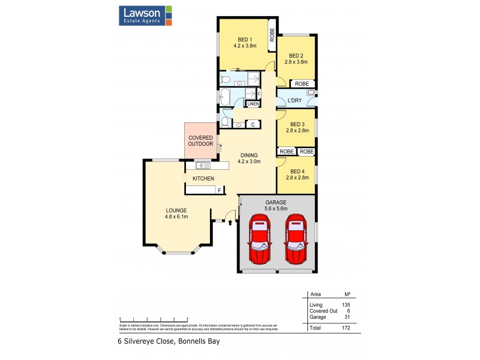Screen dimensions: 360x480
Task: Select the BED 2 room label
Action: click(x=295, y=58)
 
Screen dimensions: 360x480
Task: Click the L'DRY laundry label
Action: click(x=294, y=100)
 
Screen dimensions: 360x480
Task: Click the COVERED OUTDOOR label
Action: click(x=200, y=140)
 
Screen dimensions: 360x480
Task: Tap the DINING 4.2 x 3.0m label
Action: click(x=249, y=158)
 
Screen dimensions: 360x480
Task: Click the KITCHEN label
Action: click(x=203, y=179)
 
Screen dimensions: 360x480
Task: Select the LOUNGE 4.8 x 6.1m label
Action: click(x=177, y=213)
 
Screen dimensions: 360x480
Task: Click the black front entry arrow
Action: click(x=230, y=223)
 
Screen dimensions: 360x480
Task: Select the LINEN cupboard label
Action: click(x=253, y=104)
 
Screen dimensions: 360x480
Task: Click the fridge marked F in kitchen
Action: click(x=220, y=190)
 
